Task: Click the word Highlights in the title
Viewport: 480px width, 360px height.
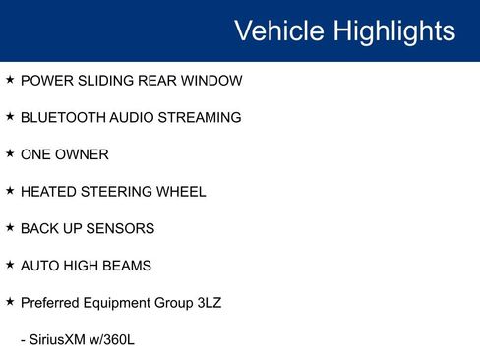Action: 394,30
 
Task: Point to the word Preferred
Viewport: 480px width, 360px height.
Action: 50,303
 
